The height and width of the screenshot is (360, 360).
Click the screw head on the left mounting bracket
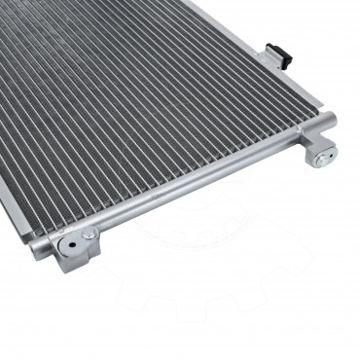click(x=89, y=234)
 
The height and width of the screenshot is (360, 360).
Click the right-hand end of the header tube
click(x=329, y=122)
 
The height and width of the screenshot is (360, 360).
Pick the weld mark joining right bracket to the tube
click(x=309, y=138)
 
